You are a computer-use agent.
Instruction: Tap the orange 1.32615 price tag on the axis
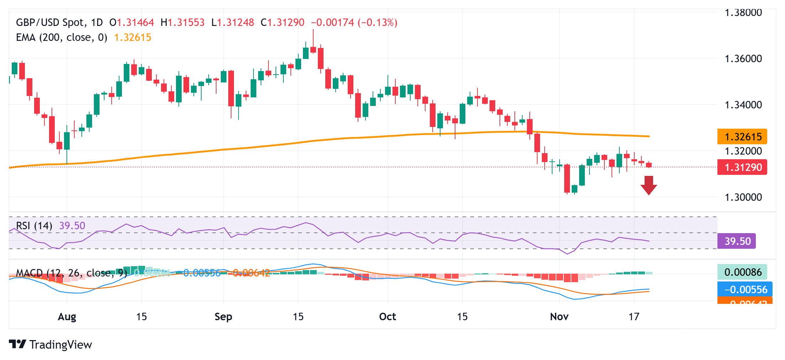(x=742, y=137)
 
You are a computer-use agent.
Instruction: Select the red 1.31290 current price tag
(x=742, y=167)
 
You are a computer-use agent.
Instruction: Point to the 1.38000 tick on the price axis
(x=743, y=13)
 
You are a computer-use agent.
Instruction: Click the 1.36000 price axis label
(x=743, y=59)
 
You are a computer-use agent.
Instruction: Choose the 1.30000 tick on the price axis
(x=743, y=197)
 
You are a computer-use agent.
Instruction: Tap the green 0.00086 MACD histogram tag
(x=742, y=272)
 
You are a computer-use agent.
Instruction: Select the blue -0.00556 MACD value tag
(x=744, y=290)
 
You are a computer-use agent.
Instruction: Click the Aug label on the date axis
(x=67, y=317)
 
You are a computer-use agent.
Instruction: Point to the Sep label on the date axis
(x=223, y=317)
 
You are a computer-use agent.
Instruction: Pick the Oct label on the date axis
(x=388, y=317)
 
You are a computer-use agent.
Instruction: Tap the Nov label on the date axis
(x=559, y=317)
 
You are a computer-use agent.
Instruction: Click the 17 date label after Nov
(x=634, y=317)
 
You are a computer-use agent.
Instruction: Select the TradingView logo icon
(x=17, y=344)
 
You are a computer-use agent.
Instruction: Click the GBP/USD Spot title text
(x=51, y=23)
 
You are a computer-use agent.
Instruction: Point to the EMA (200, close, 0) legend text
(x=62, y=38)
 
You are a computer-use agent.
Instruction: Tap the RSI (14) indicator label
(x=34, y=226)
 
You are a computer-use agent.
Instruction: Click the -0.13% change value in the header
(x=378, y=23)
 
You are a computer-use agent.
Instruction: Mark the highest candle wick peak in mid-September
(x=313, y=30)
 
